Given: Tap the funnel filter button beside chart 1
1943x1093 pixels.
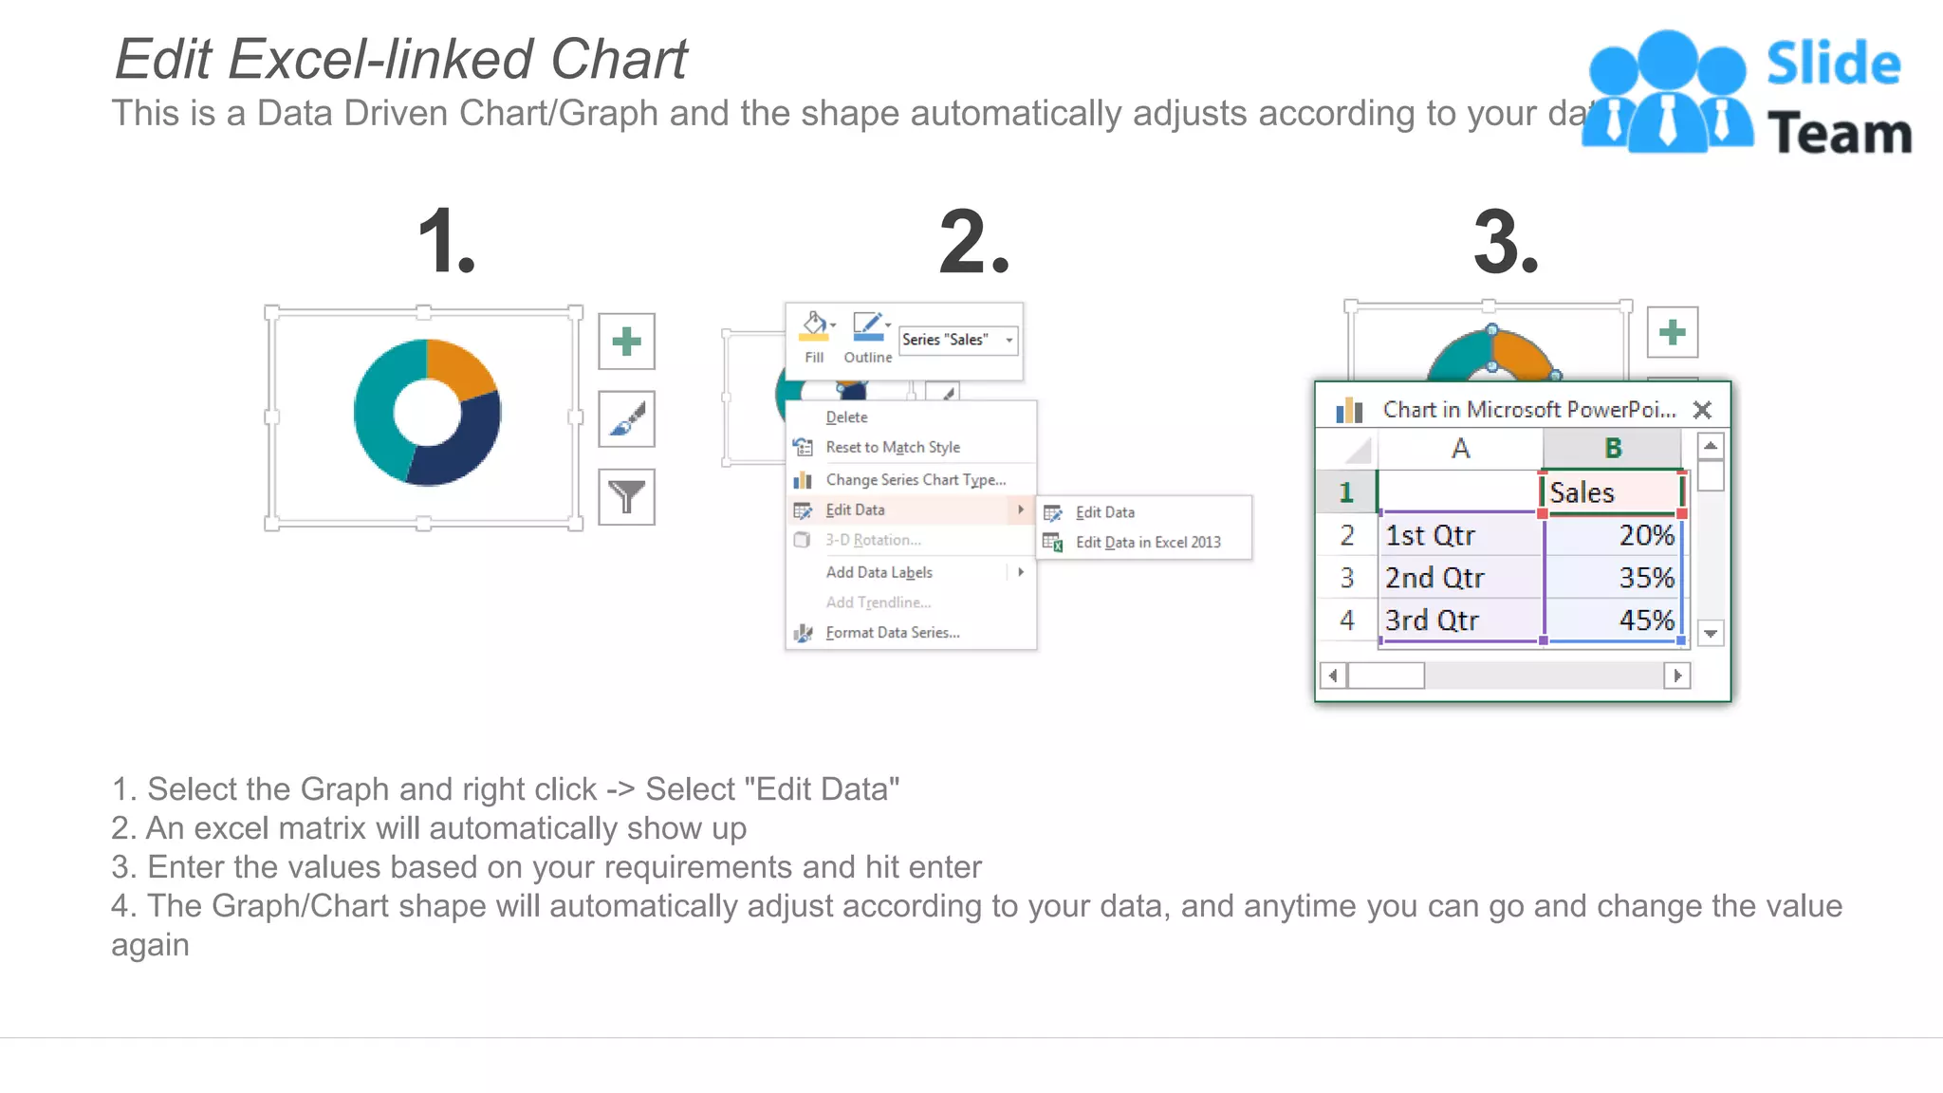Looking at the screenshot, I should pos(626,496).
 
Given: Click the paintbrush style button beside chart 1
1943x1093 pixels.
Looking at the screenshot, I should pos(626,418).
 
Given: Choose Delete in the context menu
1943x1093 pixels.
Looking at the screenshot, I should pos(846,417).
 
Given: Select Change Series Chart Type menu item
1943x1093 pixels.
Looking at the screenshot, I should pos(915,480).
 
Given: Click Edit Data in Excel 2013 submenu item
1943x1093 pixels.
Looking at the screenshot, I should pos(1147,543).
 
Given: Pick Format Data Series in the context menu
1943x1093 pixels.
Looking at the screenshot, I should pos(892,633).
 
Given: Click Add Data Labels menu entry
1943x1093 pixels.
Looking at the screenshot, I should pos(879,572).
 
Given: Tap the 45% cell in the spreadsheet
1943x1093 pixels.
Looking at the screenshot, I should pos(1613,621).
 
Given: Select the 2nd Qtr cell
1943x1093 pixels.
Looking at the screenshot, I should pos(1459,578).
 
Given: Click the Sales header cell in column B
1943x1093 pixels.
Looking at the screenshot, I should pos(1611,492).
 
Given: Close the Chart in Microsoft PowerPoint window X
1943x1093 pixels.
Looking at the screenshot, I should pos(1702,410).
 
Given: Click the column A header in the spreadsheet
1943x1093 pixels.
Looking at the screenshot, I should pos(1460,449).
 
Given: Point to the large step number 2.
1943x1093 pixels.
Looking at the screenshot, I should pos(973,243).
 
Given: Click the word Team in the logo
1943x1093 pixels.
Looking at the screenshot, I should pos(1839,133).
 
